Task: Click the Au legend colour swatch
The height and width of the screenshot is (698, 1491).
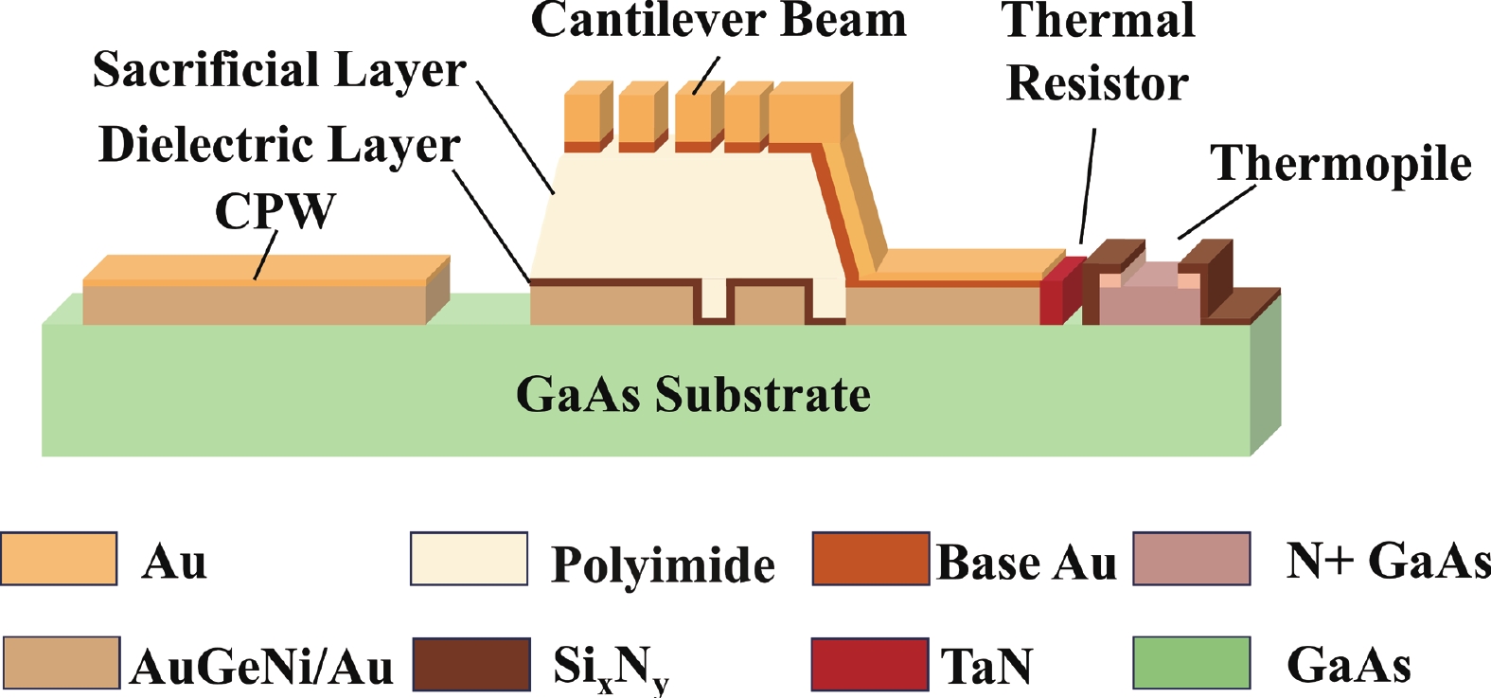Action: point(60,559)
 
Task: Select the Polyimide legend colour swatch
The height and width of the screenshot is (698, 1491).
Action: point(469,559)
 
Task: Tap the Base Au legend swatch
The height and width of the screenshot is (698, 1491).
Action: point(871,559)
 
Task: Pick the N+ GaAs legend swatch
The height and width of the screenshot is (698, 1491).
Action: point(1192,559)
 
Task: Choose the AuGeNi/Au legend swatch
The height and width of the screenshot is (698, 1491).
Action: point(62,663)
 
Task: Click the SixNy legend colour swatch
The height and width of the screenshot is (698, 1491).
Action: point(471,664)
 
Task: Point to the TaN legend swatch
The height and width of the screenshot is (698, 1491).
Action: point(870,664)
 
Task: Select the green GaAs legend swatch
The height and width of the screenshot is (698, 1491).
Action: point(1192,663)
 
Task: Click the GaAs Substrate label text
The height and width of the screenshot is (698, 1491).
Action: point(693,394)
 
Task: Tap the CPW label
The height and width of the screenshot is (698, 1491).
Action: point(275,210)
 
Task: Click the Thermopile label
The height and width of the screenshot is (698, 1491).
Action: point(1340,163)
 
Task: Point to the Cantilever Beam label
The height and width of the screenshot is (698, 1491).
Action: point(719,20)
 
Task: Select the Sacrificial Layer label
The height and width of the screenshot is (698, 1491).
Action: point(279,70)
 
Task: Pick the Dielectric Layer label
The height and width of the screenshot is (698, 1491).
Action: point(279,145)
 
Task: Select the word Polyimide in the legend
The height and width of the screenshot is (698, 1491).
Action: point(663,564)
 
